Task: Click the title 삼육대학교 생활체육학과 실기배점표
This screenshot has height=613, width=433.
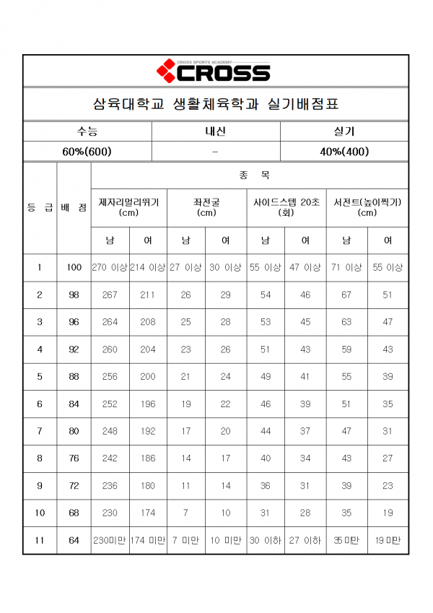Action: [x=216, y=104]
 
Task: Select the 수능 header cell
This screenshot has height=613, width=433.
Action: [x=87, y=131]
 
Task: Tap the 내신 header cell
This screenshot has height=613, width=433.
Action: [x=216, y=131]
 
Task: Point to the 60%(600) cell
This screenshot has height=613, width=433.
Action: [x=87, y=152]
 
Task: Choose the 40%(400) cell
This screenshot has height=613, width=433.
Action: [x=344, y=152]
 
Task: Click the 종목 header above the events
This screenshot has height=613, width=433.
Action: [x=249, y=175]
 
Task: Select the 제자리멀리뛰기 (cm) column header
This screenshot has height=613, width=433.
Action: [x=128, y=207]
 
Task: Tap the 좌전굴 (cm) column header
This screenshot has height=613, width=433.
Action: [x=206, y=207]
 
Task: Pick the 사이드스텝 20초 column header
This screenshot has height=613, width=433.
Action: [x=285, y=207]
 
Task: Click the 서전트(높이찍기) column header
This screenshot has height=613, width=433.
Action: [x=367, y=207]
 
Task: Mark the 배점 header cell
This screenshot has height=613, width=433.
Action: [x=74, y=208]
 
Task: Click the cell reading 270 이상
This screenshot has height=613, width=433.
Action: [x=110, y=267]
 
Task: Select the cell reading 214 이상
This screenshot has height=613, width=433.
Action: [x=148, y=267]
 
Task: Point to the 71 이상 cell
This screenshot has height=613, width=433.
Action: [x=347, y=267]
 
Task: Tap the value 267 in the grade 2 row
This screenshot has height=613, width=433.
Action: [x=110, y=295]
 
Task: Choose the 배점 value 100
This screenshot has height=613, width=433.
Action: [x=74, y=267]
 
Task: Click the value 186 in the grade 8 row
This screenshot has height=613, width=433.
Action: [x=147, y=458]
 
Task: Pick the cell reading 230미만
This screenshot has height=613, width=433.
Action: [x=110, y=540]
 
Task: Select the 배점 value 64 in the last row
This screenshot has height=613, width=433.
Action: [x=74, y=540]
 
